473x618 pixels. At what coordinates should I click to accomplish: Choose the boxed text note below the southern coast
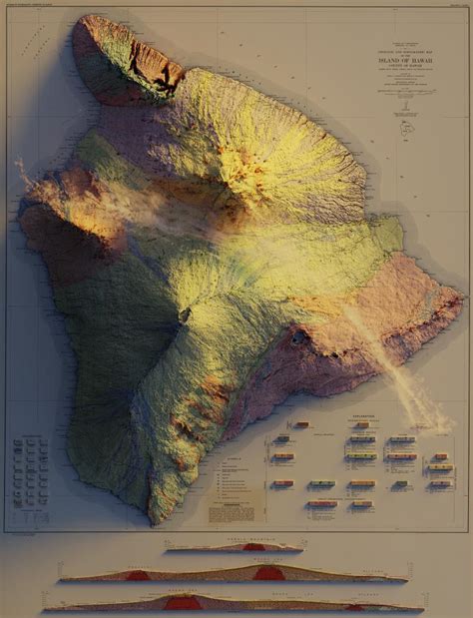229,509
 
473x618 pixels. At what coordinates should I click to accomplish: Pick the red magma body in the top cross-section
254,547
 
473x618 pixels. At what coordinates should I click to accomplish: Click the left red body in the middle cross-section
138,576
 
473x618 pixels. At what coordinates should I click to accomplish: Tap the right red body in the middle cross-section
265,574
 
